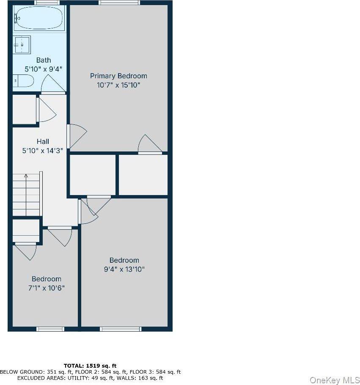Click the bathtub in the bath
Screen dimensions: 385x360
(x=39, y=18)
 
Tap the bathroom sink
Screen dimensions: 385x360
(x=22, y=44)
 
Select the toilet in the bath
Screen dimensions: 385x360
(x=23, y=80)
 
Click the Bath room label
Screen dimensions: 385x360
(x=43, y=60)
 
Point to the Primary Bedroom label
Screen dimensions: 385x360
(x=118, y=76)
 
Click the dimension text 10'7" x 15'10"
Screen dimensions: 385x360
(x=118, y=85)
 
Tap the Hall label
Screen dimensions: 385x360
(x=42, y=141)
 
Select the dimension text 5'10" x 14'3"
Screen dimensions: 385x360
(x=43, y=150)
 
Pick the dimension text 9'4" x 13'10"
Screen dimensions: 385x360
(x=124, y=269)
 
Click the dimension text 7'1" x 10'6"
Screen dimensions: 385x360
(x=47, y=288)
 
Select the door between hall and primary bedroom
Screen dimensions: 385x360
(x=76, y=135)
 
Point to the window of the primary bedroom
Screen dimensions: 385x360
(x=119, y=3)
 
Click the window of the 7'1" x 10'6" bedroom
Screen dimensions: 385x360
(x=50, y=329)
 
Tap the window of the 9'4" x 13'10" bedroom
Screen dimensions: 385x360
(x=120, y=329)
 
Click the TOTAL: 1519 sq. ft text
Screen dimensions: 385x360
(x=90, y=366)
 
